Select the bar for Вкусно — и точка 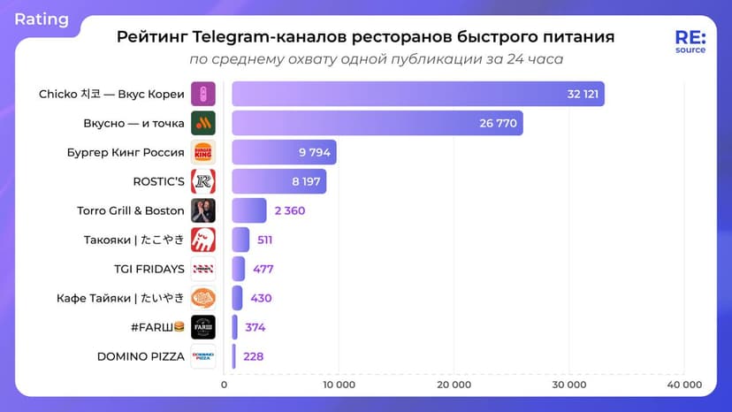377,123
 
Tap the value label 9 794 315,153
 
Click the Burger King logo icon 203,152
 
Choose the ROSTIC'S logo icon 203,181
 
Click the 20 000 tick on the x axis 454,385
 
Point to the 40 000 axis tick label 683,385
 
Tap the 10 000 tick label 339,385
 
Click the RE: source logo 690,42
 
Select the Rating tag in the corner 42,19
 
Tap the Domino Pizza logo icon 203,355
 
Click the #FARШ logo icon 203,327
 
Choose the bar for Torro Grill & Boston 249,210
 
